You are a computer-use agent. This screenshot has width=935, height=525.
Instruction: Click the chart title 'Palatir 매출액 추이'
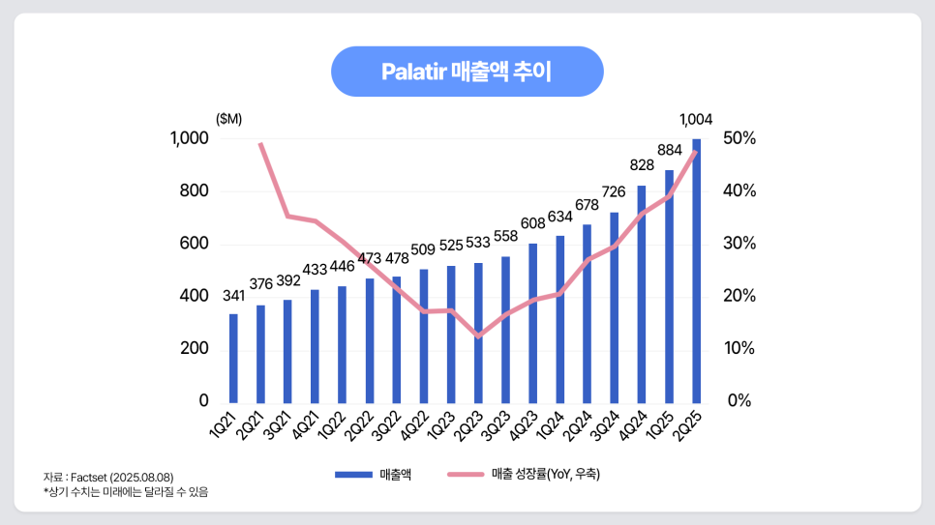tap(467, 72)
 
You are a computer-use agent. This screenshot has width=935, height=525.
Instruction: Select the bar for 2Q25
tap(697, 271)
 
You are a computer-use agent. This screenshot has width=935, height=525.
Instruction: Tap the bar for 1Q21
tap(233, 358)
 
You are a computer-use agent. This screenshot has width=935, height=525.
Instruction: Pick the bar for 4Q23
tap(533, 323)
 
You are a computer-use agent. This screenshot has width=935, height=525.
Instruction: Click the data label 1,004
tap(696, 120)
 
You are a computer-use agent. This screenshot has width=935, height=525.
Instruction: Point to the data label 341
tap(233, 294)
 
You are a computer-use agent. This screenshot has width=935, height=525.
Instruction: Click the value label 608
tap(533, 223)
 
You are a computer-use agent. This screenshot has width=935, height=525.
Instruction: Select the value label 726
tap(615, 192)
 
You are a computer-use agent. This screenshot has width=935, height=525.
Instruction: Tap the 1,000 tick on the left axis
tap(190, 138)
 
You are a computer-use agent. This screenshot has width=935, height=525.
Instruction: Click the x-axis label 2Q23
tap(469, 424)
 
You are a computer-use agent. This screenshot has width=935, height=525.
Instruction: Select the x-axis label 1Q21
tap(225, 424)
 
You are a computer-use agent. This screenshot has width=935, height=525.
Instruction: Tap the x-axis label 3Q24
tap(606, 424)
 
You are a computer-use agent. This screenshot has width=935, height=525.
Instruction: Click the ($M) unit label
tap(228, 119)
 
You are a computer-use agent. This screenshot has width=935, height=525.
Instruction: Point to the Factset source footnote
tap(108, 478)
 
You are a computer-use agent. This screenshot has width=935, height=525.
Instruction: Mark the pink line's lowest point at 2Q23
tap(478, 336)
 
